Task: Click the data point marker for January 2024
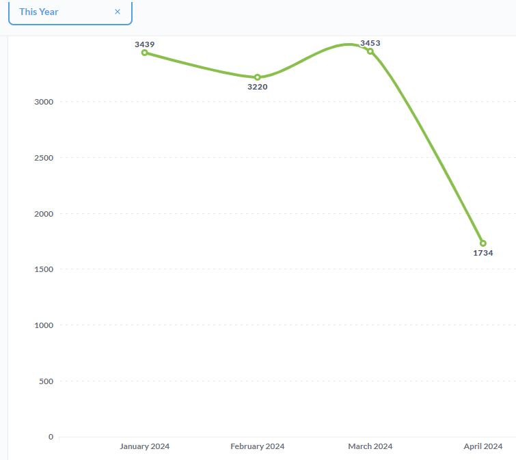pyautogui.click(x=144, y=53)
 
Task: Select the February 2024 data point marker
pyautogui.click(x=257, y=77)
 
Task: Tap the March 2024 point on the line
pyautogui.click(x=370, y=51)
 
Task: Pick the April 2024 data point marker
pyautogui.click(x=483, y=243)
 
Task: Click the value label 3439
pyautogui.click(x=144, y=44)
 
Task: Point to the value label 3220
pyautogui.click(x=257, y=87)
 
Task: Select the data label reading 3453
pyautogui.click(x=370, y=43)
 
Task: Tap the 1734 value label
pyautogui.click(x=483, y=253)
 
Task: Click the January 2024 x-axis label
pyautogui.click(x=144, y=446)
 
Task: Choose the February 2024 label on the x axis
pyautogui.click(x=257, y=446)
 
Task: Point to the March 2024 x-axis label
pyautogui.click(x=370, y=446)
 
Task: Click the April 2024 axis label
pyautogui.click(x=483, y=446)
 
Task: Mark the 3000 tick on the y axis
pyautogui.click(x=44, y=102)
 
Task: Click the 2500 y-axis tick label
pyautogui.click(x=44, y=158)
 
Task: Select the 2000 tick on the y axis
pyautogui.click(x=44, y=214)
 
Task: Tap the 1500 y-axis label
pyautogui.click(x=44, y=269)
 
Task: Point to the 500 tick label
pyautogui.click(x=46, y=381)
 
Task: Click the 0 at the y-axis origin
pyautogui.click(x=51, y=437)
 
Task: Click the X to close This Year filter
pyautogui.click(x=118, y=12)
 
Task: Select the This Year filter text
pyautogui.click(x=39, y=12)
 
